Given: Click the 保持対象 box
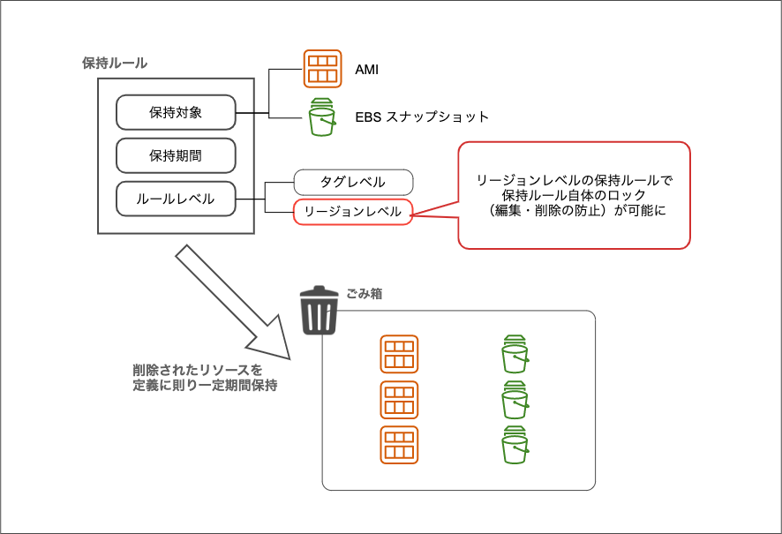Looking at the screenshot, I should [176, 112].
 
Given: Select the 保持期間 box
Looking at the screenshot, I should [176, 155].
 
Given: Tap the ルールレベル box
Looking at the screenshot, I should [176, 199].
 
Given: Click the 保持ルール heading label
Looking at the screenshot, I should [114, 64].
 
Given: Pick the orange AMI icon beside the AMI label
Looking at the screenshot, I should [322, 69].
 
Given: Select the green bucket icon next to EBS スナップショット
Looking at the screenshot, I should [322, 117].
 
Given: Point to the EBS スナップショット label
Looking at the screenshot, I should [422, 117].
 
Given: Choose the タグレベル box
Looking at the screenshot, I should [352, 182].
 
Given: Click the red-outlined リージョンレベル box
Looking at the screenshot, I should [352, 212].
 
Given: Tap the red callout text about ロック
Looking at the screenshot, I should [574, 195].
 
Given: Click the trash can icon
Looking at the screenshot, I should [320, 310].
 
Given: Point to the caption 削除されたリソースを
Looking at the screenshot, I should [198, 369].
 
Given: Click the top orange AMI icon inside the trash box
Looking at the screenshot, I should [399, 354].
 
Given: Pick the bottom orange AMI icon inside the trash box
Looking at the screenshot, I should [399, 445].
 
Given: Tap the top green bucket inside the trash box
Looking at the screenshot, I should [515, 354].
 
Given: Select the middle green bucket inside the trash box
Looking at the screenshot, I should [515, 400].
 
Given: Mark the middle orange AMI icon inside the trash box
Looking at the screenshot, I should [399, 400].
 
